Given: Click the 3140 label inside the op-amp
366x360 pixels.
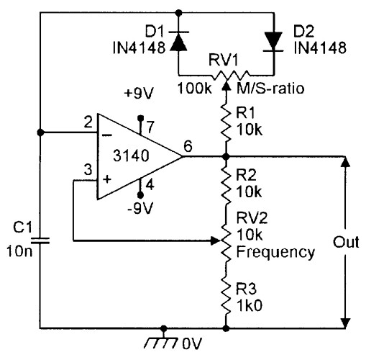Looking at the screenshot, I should pos(134,153).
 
